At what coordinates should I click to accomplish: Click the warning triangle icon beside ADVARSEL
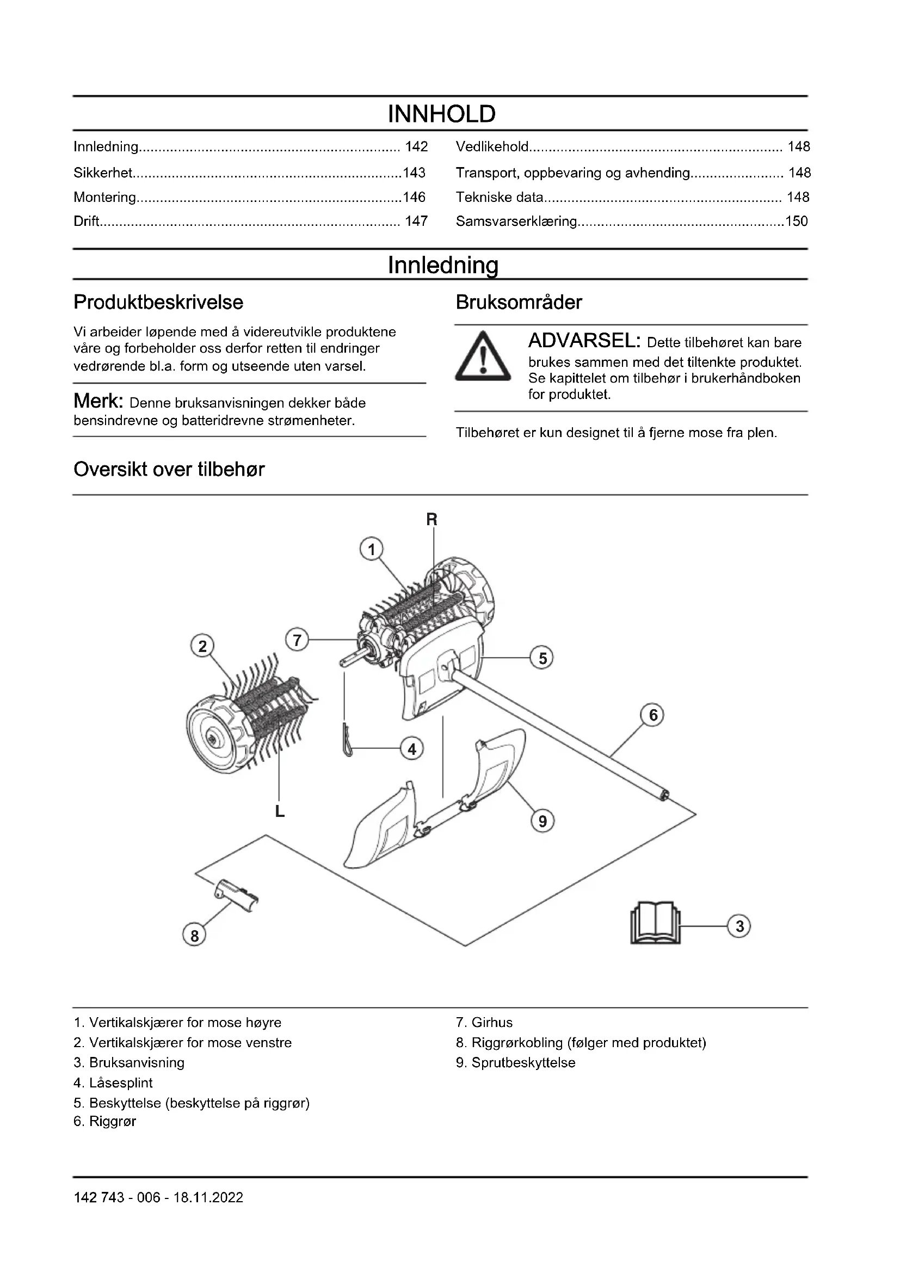point(483,356)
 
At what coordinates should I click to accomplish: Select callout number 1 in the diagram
point(371,550)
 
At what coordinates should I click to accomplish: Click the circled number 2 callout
point(202,646)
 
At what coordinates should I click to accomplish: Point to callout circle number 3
point(739,926)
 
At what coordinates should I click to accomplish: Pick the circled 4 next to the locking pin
point(412,749)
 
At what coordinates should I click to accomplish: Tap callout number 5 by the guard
point(542,658)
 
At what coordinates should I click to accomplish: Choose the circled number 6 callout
point(653,715)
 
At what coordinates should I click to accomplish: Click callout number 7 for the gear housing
point(298,640)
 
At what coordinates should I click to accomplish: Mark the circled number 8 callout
point(194,936)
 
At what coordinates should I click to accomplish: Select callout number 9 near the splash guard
point(543,821)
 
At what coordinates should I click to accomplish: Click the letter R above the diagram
point(431,520)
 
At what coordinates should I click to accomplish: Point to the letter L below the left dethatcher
point(280,812)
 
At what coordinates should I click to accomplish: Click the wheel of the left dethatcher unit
point(213,736)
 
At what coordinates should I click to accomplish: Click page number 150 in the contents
point(797,221)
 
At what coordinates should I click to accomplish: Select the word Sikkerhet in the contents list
point(103,173)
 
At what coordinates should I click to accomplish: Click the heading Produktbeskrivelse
point(158,302)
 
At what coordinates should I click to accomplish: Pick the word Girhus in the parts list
point(491,1023)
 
